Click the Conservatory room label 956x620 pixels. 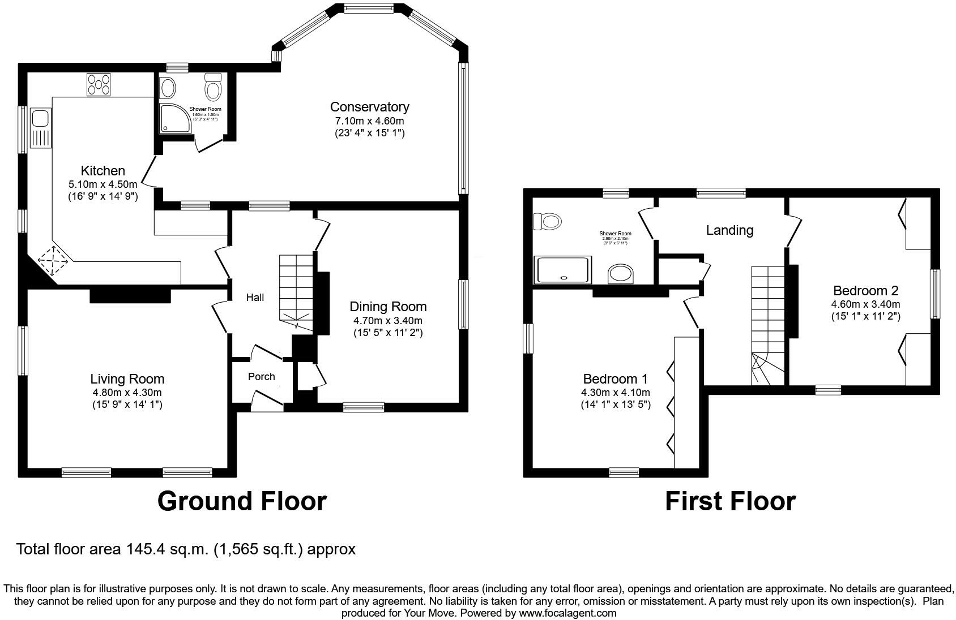click(369, 107)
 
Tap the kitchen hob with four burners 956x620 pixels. click(99, 85)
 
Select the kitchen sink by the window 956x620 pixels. click(40, 119)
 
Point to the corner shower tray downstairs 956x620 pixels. click(173, 118)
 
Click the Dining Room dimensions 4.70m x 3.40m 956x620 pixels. click(388, 320)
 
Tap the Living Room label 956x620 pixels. click(127, 379)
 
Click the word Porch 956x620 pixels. click(262, 377)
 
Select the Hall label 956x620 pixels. click(255, 298)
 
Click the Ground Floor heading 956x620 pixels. click(242, 501)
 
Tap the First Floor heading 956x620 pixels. click(730, 501)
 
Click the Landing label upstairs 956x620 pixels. click(729, 230)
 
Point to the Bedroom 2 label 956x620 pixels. click(865, 291)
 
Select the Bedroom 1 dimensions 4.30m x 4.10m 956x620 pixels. click(615, 393)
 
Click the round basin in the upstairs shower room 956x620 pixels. click(621, 274)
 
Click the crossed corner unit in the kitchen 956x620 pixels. click(53, 260)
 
